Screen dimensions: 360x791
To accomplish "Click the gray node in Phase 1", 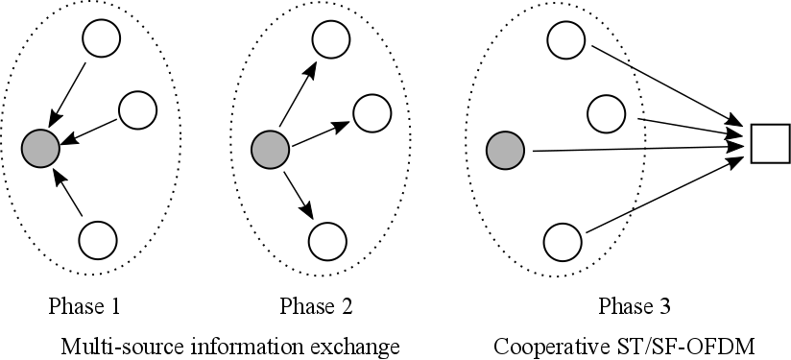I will [41, 148].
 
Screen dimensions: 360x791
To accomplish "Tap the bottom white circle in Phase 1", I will [97, 239].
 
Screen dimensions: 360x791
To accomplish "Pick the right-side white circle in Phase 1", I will [138, 109].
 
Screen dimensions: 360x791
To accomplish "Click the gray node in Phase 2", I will [269, 150].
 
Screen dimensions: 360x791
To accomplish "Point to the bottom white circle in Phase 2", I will [326, 239].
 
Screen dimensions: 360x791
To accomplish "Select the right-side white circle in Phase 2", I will [372, 112].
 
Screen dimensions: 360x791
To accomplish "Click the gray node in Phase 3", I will [505, 151].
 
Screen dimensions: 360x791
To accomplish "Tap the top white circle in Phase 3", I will [566, 39].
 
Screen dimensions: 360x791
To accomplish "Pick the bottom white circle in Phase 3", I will [563, 240].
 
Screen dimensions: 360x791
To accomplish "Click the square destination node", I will [769, 143].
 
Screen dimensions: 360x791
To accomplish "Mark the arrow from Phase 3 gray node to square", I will [634, 149].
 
